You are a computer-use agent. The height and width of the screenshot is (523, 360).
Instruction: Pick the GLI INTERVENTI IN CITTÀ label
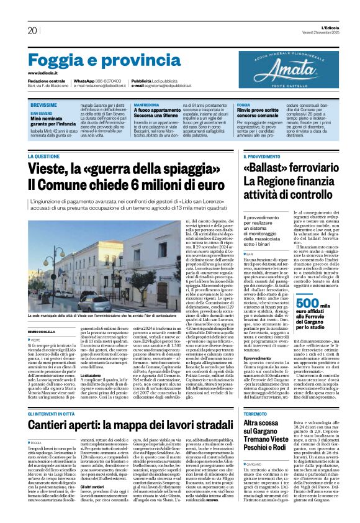(x=56, y=413)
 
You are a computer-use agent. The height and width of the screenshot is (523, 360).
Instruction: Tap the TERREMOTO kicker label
(x=255, y=413)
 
